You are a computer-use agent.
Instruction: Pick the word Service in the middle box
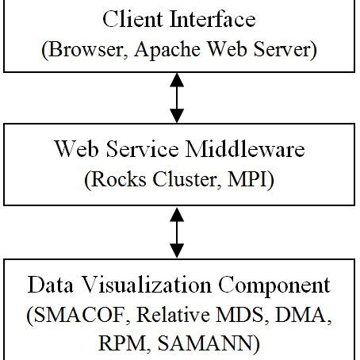[140, 148]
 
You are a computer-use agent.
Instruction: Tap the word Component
[269, 284]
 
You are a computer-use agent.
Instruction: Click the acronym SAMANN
[210, 347]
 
